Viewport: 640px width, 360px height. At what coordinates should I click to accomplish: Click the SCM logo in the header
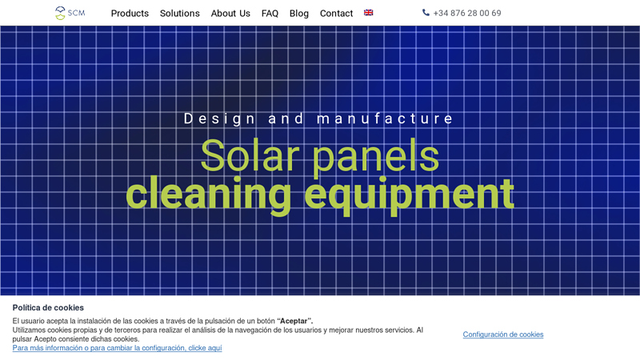70,13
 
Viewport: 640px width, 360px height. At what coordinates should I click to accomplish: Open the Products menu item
130,14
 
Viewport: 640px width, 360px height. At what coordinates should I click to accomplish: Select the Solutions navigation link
180,14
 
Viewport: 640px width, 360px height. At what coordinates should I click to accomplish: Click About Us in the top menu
230,14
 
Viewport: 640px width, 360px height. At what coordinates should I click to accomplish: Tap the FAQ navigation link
270,14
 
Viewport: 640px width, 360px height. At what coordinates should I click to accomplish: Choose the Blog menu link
299,14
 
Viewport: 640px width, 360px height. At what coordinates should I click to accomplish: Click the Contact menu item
336,14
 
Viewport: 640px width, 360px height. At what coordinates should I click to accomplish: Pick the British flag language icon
369,13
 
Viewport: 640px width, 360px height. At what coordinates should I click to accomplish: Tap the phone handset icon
426,13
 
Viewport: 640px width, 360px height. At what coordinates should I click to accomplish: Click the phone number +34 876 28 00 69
467,14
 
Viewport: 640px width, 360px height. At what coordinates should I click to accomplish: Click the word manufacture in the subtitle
386,119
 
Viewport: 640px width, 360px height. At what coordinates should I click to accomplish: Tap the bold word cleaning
210,194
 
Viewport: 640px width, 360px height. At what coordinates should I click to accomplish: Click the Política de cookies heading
48,307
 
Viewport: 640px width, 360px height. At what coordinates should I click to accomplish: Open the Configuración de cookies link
503,334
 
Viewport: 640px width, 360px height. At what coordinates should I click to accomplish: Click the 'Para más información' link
117,348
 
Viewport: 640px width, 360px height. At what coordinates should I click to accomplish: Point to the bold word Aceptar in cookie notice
294,321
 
